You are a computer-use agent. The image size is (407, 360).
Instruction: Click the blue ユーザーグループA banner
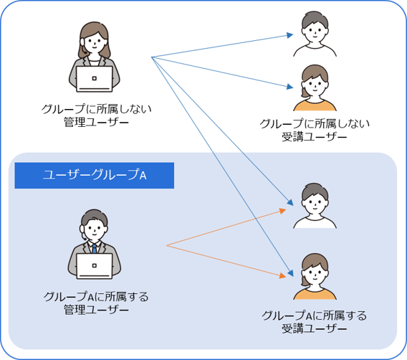94,175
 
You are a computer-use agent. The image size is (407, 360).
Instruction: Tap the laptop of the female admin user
94,79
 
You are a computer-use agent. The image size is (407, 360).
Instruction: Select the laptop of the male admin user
94,266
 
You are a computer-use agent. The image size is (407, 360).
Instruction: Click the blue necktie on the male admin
94,249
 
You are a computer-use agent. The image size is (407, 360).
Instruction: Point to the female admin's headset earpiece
82,42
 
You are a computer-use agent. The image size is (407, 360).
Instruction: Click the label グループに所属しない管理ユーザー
96,115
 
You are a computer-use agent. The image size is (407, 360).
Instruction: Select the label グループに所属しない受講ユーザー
315,130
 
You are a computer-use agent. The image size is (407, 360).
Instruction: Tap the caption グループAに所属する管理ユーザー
96,303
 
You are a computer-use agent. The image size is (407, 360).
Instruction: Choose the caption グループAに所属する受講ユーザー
315,322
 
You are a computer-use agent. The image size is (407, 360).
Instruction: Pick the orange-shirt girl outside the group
315,87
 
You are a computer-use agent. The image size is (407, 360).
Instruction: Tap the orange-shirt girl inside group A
315,276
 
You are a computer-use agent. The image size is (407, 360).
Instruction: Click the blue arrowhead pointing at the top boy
290,35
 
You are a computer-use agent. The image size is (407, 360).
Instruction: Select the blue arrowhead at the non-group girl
290,87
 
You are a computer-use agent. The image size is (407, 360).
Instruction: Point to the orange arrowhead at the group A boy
282,211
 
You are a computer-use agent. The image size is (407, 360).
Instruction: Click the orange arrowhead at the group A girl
282,275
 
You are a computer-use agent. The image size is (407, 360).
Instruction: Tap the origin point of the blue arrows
152,57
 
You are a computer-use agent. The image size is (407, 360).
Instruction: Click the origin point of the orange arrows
167,245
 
